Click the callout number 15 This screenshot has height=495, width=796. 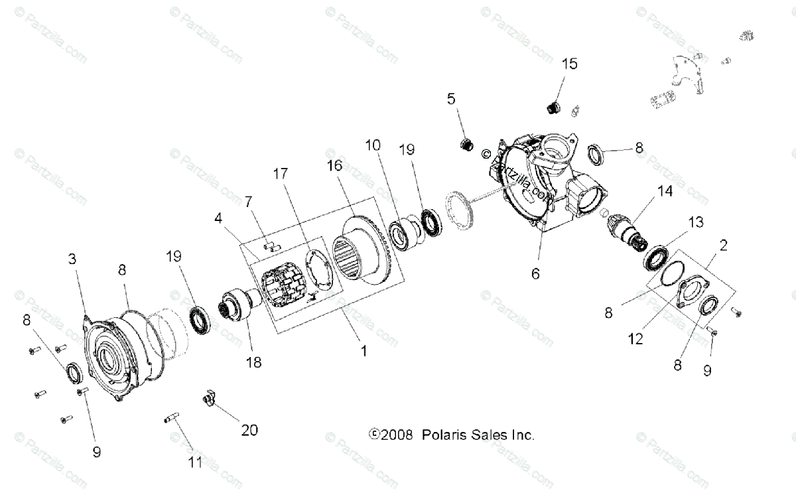(570, 64)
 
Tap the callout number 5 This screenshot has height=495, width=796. (451, 100)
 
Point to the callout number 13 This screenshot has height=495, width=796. (696, 222)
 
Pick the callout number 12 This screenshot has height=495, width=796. (636, 339)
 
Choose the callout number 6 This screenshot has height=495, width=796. (535, 273)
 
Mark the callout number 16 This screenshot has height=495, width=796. (335, 165)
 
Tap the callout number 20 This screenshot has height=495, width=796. (249, 430)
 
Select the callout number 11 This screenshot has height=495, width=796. (194, 462)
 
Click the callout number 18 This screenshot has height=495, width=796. (253, 362)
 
